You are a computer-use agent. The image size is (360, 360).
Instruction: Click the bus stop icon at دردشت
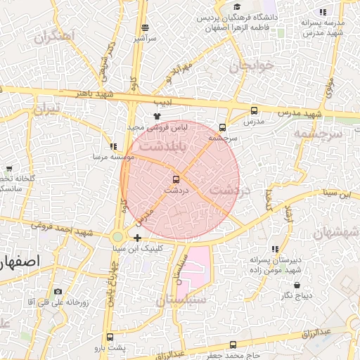176,179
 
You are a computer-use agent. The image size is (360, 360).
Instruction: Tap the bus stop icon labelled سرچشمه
223,127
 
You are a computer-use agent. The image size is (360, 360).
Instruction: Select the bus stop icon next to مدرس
254,111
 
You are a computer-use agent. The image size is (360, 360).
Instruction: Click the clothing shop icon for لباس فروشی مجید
157,116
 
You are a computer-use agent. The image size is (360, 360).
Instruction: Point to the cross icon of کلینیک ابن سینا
137,238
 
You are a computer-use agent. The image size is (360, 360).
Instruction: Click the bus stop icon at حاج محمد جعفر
233,345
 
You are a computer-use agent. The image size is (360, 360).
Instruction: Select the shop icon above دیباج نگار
297,285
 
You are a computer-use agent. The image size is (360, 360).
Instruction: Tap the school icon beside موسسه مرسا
113,146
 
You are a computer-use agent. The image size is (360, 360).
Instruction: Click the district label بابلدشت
163,148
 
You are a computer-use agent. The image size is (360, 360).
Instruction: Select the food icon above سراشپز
145,27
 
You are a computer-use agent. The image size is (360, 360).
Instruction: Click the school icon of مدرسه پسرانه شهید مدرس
323,12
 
